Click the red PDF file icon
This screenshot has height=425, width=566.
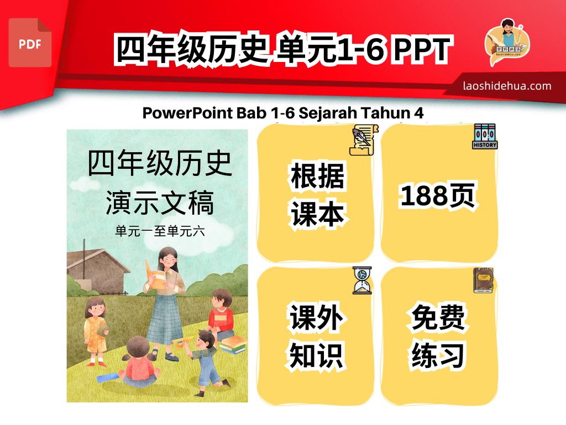[30, 43]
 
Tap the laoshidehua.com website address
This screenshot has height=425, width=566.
[507, 86]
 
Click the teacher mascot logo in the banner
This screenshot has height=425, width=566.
[507, 42]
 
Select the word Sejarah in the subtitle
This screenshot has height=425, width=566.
[328, 113]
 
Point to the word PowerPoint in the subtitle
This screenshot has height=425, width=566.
[187, 113]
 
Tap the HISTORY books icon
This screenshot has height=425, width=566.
[485, 137]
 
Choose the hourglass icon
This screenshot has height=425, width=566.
[362, 281]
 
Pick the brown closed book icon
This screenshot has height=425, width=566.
[483, 280]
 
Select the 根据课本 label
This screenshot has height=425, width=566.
[317, 194]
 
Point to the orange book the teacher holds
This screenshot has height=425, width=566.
[155, 275]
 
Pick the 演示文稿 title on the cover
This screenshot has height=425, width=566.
[160, 203]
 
